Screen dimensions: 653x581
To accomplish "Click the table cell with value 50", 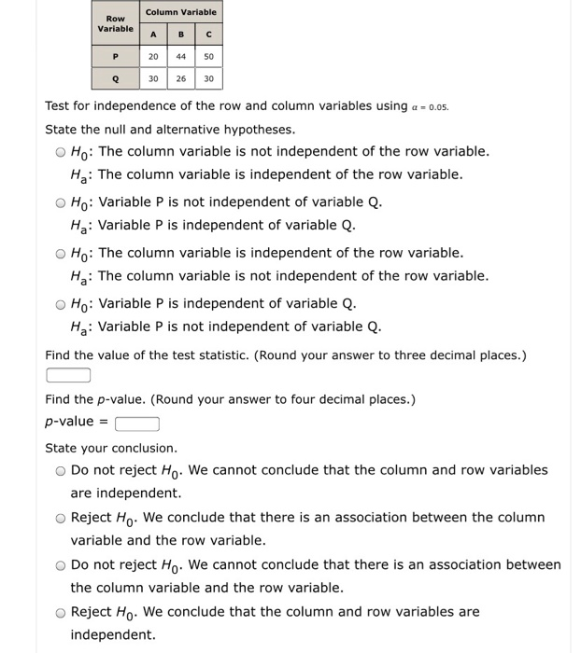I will pos(207,57).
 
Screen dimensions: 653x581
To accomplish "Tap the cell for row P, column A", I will pos(153,57).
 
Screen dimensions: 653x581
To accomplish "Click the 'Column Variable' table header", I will pos(180,12).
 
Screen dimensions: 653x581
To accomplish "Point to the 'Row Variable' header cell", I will pos(116,23).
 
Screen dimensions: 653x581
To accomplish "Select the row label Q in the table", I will pos(116,78).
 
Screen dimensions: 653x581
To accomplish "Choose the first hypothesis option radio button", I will pos(60,152).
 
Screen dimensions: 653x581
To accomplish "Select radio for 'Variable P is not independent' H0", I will pos(60,202).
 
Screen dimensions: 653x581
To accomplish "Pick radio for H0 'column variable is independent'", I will pos(60,254).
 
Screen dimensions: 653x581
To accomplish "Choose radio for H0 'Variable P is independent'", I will pos(60,304).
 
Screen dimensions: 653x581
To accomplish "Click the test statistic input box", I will pos(68,375).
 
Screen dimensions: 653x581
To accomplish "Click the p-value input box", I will pos(137,423).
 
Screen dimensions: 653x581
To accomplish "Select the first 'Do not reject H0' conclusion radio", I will pos(60,471).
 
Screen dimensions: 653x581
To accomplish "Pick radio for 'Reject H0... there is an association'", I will pos(60,519).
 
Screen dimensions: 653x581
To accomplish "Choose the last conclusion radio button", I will pos(60,613).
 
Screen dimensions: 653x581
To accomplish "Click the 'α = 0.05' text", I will pos(437,106).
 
